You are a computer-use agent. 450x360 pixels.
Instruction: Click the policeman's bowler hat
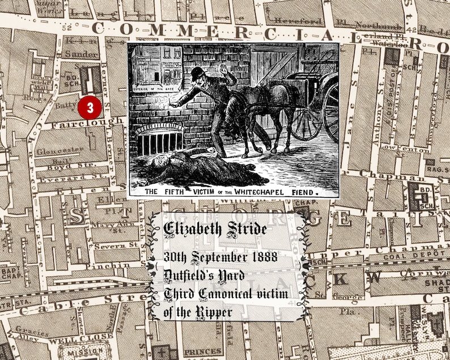coord(198,73)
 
